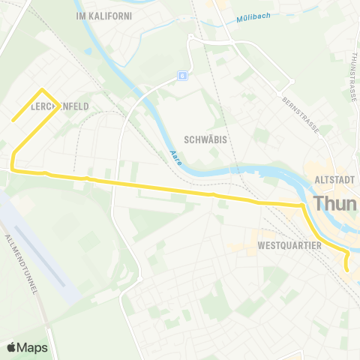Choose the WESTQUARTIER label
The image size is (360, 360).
point(289,245)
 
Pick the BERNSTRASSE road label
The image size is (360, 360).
point(301,114)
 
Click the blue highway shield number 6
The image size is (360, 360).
point(181,75)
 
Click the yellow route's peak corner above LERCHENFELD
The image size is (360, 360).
point(40,91)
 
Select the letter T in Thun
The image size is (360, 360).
point(319,203)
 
